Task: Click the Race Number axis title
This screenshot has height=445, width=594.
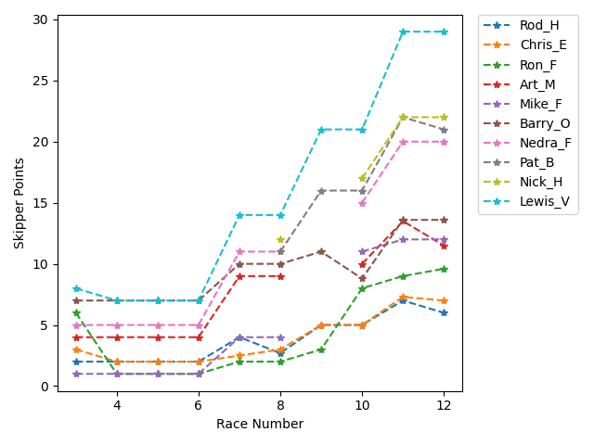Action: tap(260, 424)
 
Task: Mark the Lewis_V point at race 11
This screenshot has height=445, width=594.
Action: tap(403, 32)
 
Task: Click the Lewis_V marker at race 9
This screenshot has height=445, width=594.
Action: tap(321, 130)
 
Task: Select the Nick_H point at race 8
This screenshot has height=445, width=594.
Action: tap(280, 240)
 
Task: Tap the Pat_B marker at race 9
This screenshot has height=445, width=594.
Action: tap(321, 191)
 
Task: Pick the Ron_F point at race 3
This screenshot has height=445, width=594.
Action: tap(76, 313)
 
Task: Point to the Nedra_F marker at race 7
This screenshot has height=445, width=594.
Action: tap(239, 252)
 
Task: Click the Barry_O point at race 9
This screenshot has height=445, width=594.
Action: tap(321, 252)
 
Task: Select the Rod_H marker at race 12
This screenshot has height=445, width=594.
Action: tap(444, 313)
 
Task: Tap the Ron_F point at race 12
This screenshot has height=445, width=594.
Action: tap(444, 269)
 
